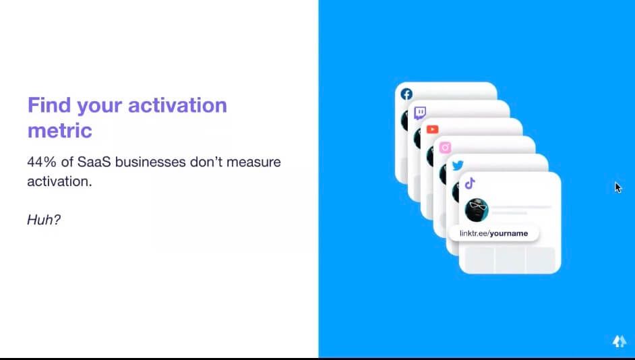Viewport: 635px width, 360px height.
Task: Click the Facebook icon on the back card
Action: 406,94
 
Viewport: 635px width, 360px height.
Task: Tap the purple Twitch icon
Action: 419,113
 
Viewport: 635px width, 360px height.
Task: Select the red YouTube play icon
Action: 432,129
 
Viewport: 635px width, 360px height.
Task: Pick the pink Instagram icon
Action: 445,148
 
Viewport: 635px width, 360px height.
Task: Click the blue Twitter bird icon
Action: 458,165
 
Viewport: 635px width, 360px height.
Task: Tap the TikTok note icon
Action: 470,183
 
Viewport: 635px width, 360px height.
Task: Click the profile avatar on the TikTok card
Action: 477,210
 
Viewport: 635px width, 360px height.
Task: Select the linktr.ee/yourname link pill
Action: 494,233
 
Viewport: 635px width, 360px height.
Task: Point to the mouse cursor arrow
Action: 618,187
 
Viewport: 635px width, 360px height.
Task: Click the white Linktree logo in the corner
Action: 619,341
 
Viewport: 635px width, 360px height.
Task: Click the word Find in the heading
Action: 49,105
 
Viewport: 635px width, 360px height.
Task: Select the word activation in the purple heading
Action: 177,105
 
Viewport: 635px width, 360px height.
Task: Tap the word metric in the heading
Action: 60,130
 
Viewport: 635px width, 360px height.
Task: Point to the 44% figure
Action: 42,162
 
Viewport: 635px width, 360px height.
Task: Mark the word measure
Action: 253,162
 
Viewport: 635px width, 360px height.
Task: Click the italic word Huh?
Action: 44,220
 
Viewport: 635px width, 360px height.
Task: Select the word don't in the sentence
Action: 206,162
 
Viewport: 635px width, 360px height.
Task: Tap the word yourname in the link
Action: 509,234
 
